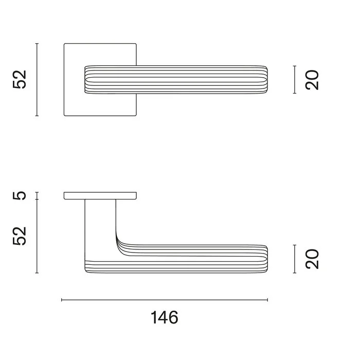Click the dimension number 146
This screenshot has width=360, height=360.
165,317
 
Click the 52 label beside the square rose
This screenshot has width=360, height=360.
20,79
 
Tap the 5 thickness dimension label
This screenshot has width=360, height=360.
20,195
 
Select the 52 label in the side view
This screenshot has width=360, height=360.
20,236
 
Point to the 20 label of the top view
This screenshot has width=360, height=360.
312,80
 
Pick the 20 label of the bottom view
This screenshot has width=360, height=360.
312,259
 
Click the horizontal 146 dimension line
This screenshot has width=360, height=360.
165,300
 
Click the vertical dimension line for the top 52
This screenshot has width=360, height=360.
37,80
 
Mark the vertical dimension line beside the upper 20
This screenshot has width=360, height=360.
295,80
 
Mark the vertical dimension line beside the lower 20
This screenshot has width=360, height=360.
295,259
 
